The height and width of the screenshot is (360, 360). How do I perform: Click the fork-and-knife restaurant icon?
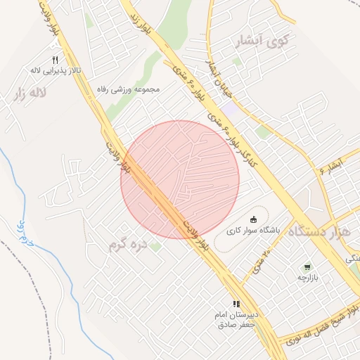[x=56, y=60]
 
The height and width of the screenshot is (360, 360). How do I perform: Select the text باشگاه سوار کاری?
[x=253, y=230]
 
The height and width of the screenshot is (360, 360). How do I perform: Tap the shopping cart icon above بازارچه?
[x=307, y=267]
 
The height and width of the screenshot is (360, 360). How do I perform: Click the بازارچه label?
[x=307, y=278]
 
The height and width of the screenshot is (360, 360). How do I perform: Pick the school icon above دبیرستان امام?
[x=236, y=304]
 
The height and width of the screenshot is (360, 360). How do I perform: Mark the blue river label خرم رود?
[x=25, y=232]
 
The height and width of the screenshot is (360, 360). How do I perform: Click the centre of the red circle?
[x=180, y=180]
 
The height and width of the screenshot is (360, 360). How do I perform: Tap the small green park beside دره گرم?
[x=155, y=247]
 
